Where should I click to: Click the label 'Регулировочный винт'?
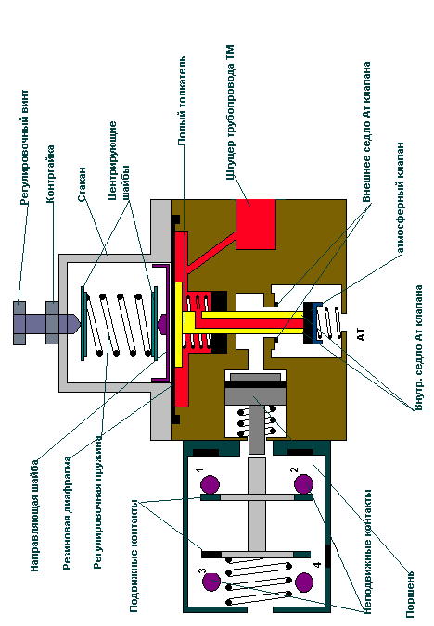(x=24, y=147)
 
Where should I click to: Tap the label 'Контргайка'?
(x=50, y=174)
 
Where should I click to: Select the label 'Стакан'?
(x=82, y=184)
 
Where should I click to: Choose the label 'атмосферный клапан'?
(x=401, y=197)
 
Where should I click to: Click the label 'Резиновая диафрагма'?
(x=68, y=513)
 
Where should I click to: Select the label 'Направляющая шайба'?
(x=35, y=516)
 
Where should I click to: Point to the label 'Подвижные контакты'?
(x=134, y=556)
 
